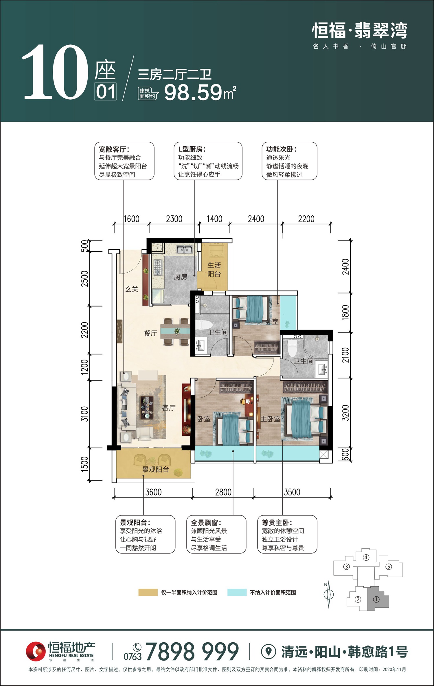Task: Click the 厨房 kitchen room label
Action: pos(181,277)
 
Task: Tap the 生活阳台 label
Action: pos(214,269)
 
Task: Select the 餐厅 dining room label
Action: pos(150,333)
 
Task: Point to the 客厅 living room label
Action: pos(169,408)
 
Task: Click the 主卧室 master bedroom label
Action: pos(271,419)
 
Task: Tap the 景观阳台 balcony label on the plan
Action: pos(156,469)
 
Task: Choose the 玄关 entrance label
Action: pos(132,289)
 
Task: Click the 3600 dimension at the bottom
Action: pos(153,492)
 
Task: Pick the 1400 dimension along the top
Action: pos(214,219)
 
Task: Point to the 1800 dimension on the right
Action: pos(345,313)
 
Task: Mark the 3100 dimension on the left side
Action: pos(84,414)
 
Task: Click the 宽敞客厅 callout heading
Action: pos(114,149)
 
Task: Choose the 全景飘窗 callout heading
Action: pos(206,523)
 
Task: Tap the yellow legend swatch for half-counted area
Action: pos(148,592)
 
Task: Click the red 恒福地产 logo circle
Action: pos(36,651)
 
